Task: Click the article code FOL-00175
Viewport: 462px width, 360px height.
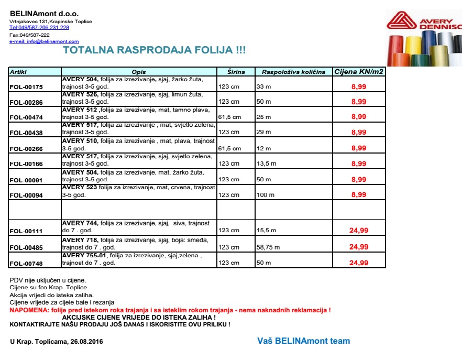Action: tap(26, 86)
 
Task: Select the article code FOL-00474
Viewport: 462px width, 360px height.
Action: tap(26, 117)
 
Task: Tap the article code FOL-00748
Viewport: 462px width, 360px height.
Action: tap(26, 263)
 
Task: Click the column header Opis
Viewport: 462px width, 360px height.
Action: tap(139, 72)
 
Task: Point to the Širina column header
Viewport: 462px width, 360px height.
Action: tap(236, 72)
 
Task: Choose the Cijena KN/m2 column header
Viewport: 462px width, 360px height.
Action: tap(359, 71)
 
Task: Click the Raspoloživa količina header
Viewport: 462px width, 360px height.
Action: tap(293, 72)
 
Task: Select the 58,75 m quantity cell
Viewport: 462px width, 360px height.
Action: tap(268, 247)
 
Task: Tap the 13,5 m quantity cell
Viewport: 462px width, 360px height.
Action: tap(266, 164)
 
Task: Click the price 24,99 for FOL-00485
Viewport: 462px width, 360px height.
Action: tap(359, 246)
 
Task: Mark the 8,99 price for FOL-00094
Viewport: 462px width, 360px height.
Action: tap(359, 194)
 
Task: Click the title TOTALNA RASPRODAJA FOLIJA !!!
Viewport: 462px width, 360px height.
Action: tap(154, 50)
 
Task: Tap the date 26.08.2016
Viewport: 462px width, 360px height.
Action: tap(86, 342)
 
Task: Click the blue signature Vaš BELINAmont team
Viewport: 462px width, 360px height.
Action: tap(303, 341)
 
